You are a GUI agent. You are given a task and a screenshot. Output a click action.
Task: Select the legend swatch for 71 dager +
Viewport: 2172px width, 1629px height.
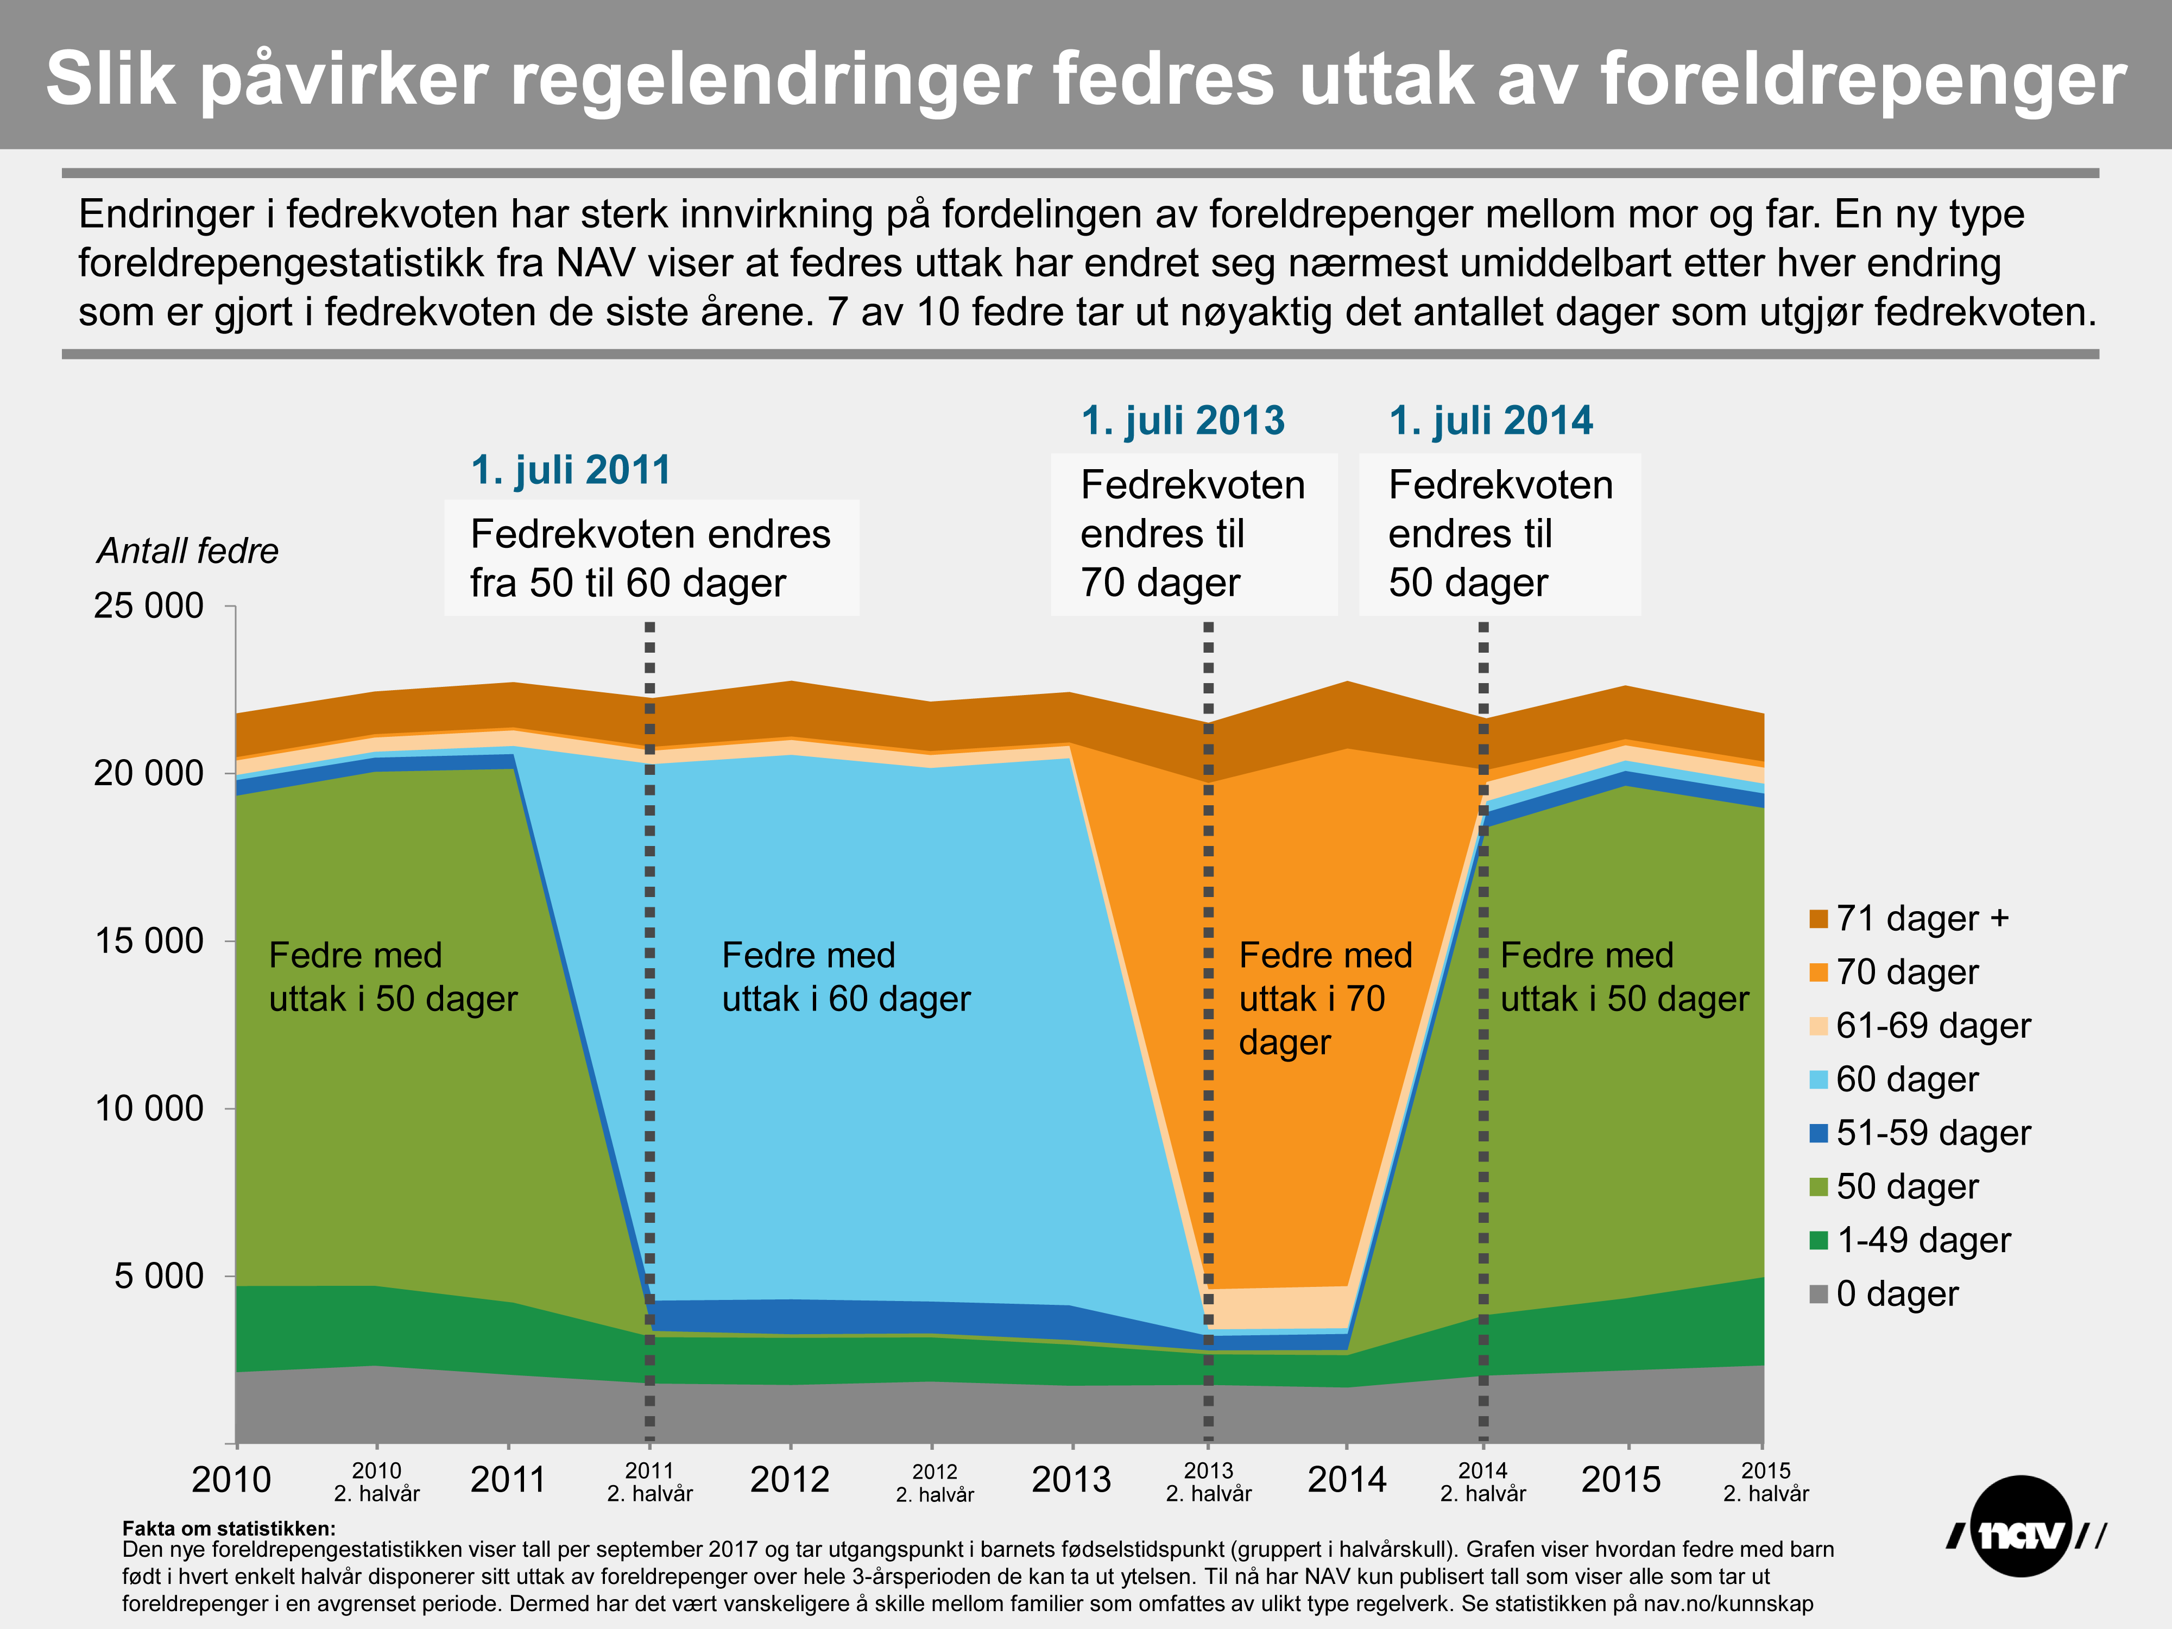click(1819, 919)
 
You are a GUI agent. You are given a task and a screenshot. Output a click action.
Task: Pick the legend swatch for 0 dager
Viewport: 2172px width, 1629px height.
click(1819, 1294)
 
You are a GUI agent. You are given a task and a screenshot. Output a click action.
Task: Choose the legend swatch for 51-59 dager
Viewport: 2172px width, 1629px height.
click(1819, 1133)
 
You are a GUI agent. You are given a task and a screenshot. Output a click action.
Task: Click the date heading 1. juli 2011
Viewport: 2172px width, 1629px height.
click(571, 470)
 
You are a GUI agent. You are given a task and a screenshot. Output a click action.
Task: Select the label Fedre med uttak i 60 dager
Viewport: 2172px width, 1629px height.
click(845, 977)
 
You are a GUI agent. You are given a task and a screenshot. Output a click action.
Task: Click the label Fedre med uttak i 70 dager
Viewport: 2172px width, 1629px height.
click(1324, 999)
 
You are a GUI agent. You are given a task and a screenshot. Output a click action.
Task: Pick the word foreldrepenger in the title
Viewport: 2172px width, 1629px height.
click(1862, 79)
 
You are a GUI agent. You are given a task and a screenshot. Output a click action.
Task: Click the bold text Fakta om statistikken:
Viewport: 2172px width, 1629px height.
click(229, 1528)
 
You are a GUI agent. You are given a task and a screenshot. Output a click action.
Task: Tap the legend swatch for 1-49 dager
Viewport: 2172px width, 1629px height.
click(1819, 1240)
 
